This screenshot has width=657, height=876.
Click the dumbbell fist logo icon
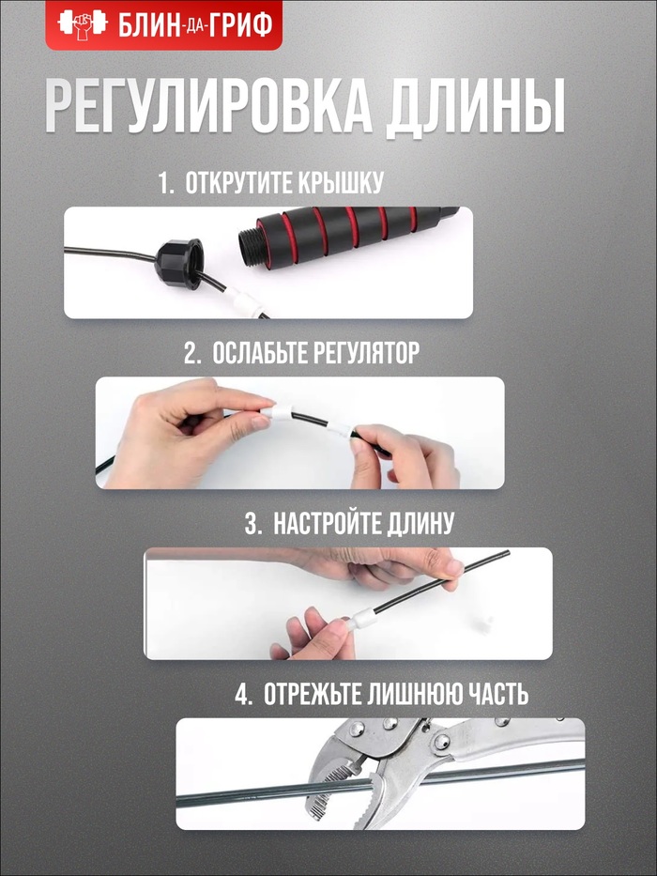click(83, 24)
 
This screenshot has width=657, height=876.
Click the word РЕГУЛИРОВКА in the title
click(208, 107)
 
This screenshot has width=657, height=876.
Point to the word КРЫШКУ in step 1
click(340, 183)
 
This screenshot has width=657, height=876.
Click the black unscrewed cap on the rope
click(178, 264)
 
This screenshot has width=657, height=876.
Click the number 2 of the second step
click(191, 354)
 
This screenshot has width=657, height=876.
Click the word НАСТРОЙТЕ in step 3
click(325, 524)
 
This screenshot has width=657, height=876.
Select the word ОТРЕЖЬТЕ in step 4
click(313, 695)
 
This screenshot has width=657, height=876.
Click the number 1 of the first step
click(164, 183)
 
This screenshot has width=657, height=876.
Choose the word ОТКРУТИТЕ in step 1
click(237, 183)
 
